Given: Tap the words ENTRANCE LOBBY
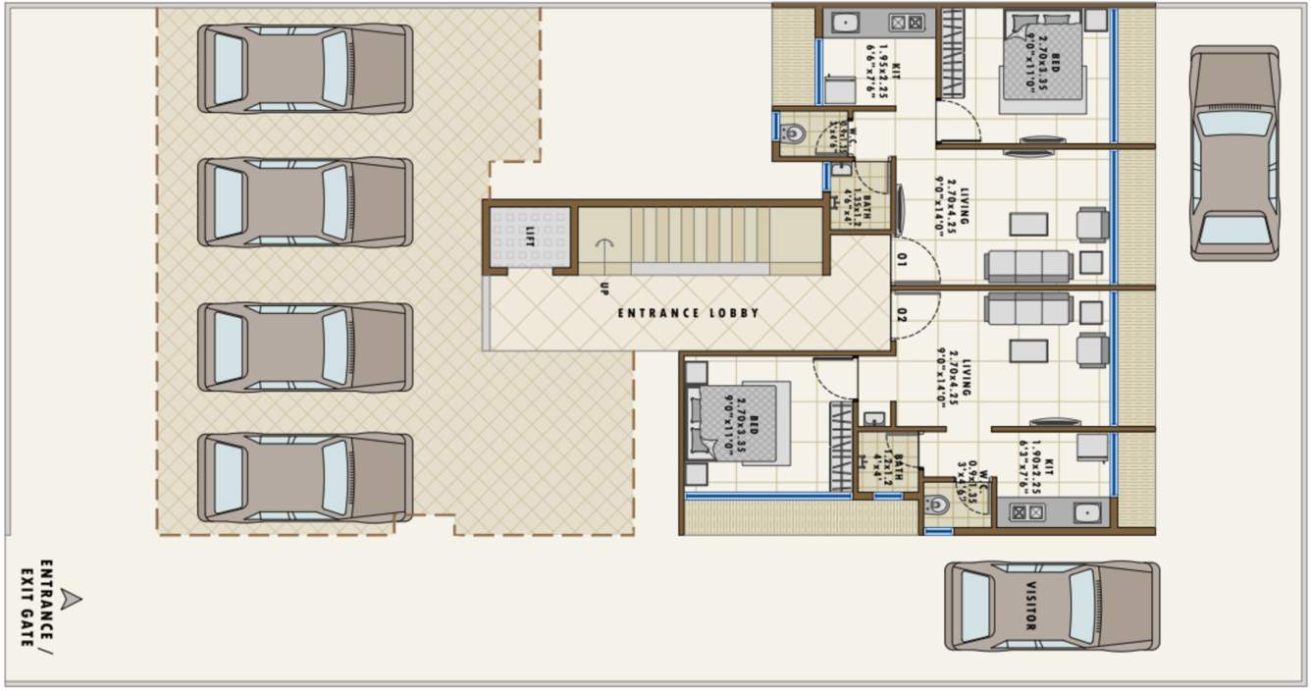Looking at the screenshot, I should coord(688,313).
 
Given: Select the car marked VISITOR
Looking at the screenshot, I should coord(1051,606).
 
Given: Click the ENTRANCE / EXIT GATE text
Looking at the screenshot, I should coord(36,603).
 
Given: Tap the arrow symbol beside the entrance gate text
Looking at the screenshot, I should coord(71,600).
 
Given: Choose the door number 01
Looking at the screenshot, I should coord(902,261).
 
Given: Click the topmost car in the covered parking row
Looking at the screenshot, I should coord(304,69).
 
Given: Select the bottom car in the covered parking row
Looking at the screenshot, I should coord(304,477).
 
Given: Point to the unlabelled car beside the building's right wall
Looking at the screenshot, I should coord(1234,153).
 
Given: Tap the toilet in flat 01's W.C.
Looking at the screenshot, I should coord(793,133).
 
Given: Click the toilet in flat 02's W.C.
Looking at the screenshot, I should coord(937,505).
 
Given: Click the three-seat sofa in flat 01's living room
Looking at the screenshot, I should coord(1028,266).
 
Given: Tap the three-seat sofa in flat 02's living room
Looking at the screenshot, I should coord(1028,308).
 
